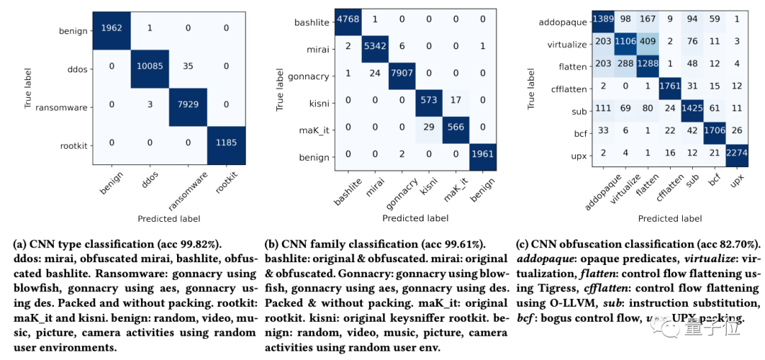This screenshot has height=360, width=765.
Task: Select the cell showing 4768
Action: pos(348,21)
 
